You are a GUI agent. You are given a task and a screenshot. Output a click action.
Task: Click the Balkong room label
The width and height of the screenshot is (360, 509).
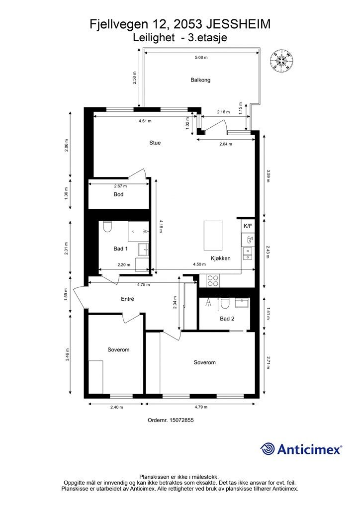[x=200, y=80]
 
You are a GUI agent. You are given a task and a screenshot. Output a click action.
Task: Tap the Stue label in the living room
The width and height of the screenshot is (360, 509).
[x=155, y=143]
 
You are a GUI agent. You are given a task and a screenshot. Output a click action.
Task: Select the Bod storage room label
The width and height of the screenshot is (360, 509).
[x=118, y=194]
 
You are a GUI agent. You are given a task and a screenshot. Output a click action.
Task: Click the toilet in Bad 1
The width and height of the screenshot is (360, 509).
[x=107, y=227]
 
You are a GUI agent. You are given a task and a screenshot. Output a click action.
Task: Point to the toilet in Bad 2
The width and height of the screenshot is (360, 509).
[x=224, y=304]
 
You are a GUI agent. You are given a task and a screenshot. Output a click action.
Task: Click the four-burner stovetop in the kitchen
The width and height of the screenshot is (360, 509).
[x=213, y=280]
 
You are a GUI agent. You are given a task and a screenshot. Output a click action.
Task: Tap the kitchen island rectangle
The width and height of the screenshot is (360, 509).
[x=213, y=235]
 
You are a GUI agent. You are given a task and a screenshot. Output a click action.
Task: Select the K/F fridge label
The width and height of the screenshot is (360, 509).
[x=248, y=226]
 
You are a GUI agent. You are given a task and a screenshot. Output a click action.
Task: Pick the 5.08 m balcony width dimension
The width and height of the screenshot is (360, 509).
[x=201, y=58]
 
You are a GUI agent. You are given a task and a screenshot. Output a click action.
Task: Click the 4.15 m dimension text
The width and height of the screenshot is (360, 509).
[x=161, y=226]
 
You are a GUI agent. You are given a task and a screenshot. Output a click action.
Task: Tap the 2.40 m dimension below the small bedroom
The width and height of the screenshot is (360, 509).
[x=116, y=407]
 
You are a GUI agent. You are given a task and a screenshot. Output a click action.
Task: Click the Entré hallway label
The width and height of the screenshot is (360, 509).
[x=127, y=299]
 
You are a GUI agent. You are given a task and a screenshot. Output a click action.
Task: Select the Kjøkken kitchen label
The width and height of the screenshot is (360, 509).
[x=220, y=258]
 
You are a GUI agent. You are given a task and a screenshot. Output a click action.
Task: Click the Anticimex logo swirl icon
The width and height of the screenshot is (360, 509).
[x=268, y=449]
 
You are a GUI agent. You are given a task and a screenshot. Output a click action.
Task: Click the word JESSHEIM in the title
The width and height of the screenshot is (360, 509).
[x=238, y=24]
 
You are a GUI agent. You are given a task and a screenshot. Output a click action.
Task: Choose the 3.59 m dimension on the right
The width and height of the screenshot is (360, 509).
[x=268, y=175]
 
